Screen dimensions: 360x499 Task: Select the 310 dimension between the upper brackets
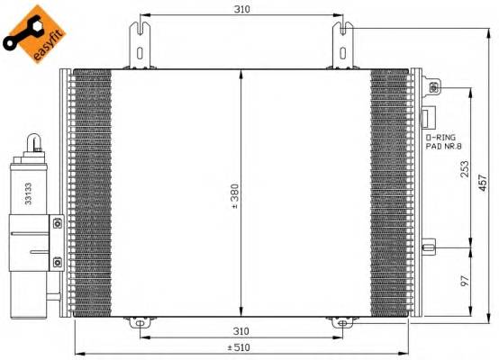(240, 9)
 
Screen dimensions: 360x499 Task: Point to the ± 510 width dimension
(239, 347)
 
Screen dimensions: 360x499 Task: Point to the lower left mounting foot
(140, 320)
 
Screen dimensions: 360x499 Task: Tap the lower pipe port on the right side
(430, 244)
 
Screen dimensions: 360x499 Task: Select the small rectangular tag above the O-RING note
(429, 118)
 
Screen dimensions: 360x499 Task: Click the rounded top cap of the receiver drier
(33, 144)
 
